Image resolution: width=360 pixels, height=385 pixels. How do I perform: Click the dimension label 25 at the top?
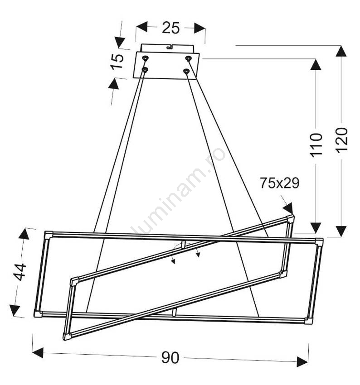pos(171,28)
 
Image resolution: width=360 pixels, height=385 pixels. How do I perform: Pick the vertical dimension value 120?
pos(342,140)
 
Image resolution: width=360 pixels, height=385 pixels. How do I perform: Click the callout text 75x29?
pos(280,183)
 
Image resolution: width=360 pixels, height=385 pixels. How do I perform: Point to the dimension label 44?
pos(20,272)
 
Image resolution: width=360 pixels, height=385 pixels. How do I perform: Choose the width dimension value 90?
pos(170,358)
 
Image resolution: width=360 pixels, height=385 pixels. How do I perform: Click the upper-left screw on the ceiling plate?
pos(146,58)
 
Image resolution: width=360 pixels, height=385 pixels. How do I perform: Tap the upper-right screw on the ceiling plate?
pos(188,58)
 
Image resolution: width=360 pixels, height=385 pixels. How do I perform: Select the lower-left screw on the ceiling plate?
pos(145,70)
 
